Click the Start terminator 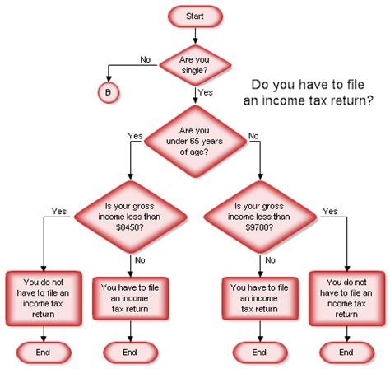point(195,16)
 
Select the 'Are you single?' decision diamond point(195,63)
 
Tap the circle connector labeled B point(108,91)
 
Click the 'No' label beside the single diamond point(146,58)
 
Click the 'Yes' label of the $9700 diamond point(331,211)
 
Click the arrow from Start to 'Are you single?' point(195,35)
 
